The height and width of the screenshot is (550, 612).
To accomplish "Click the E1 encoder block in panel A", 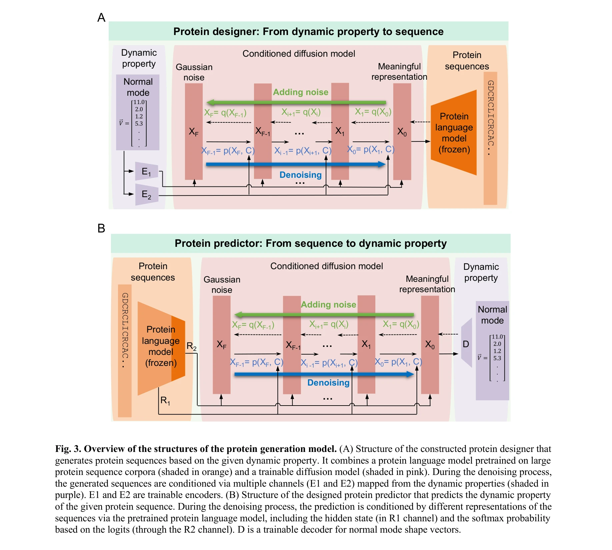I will (146, 171).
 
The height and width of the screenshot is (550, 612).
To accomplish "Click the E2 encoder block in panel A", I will (146, 194).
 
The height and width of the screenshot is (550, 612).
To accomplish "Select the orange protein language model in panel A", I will (454, 133).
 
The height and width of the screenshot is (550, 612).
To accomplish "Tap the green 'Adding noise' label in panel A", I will (300, 92).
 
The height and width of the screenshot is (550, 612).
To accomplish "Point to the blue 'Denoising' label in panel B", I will (328, 383).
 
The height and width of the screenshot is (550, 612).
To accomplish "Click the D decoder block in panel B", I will (466, 344).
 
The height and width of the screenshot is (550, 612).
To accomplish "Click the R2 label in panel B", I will (191, 346).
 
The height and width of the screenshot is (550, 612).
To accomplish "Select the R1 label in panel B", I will (165, 400).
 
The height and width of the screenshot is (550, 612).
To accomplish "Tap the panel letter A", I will (101, 18).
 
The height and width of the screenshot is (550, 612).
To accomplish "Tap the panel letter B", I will (101, 228).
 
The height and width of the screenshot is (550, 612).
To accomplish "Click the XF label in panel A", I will (194, 132).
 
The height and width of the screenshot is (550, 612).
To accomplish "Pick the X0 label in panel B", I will (430, 344).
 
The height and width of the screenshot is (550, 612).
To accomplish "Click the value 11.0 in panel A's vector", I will (139, 102).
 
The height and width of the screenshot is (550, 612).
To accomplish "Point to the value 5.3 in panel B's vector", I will (497, 358).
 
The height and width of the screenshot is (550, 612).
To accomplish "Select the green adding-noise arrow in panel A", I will (297, 102).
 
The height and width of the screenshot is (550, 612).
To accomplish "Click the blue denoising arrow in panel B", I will (323, 374).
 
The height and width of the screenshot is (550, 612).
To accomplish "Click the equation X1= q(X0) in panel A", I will (373, 112).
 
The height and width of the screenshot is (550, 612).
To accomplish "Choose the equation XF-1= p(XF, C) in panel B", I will (256, 362).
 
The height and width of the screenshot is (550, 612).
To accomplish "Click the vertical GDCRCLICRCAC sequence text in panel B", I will (125, 330).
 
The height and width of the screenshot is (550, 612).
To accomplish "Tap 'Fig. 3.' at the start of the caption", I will (68, 449).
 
